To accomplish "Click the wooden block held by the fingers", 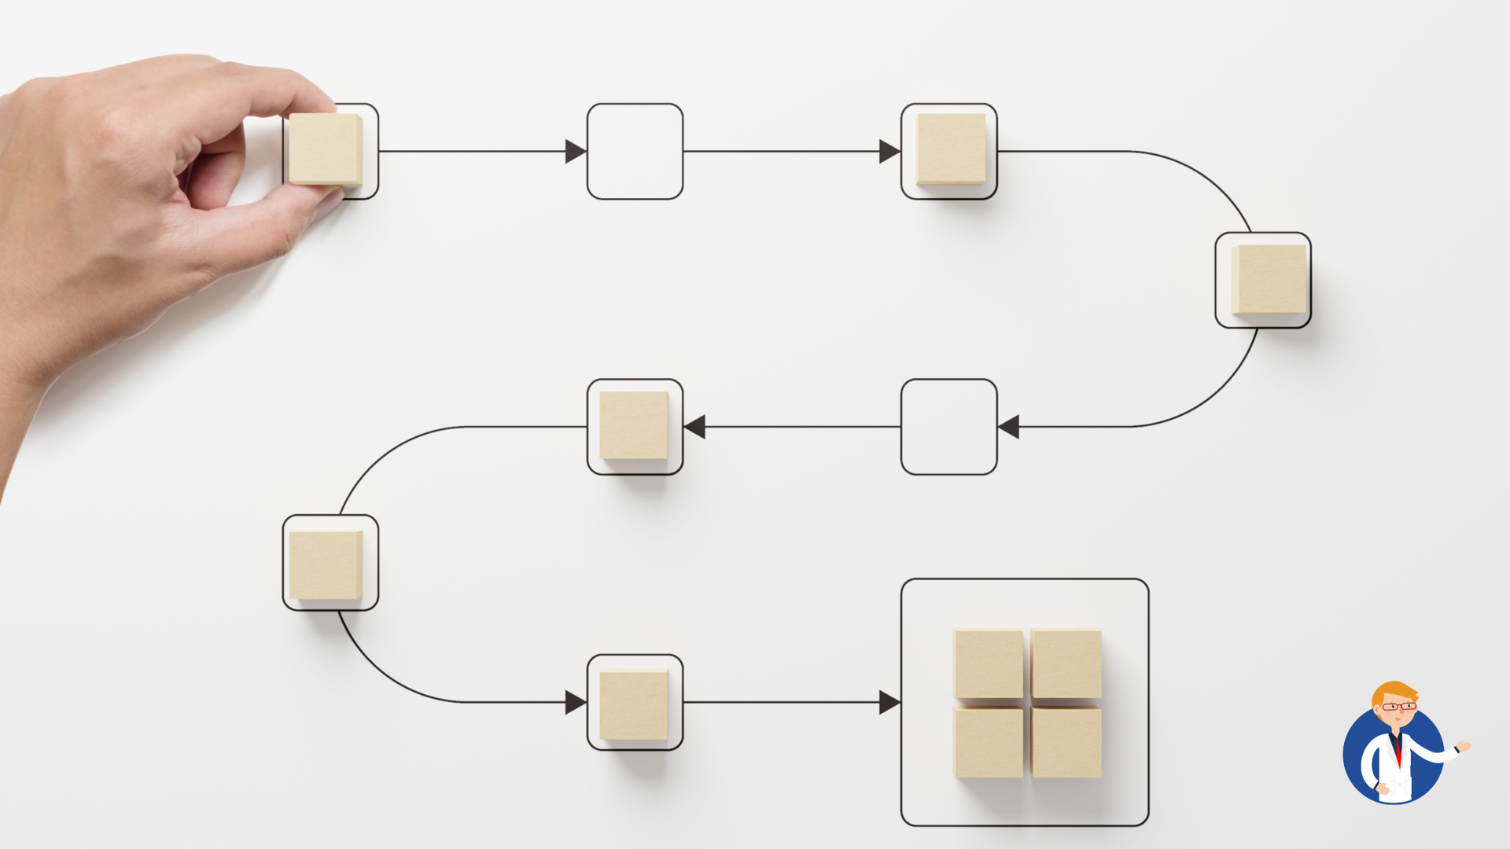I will click(x=325, y=149).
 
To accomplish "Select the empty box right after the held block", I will click(x=635, y=151).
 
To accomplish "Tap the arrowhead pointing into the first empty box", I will click(x=575, y=151).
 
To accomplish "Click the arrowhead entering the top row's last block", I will click(x=889, y=151).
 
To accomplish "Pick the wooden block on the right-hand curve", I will click(x=1268, y=279).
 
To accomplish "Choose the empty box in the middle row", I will click(x=948, y=427).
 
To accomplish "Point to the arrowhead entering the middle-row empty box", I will click(x=1009, y=427).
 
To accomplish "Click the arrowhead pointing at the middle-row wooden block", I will click(x=695, y=427).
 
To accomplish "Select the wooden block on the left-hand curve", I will click(x=326, y=564).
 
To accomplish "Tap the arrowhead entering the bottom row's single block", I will click(x=575, y=702).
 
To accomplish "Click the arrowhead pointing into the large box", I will click(x=889, y=702).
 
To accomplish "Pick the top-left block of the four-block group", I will click(x=989, y=663).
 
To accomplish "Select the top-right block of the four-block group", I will click(x=1066, y=663).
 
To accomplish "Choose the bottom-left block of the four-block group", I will click(x=989, y=742).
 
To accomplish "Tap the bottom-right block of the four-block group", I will click(x=1066, y=742).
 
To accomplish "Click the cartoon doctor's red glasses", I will click(x=1398, y=707).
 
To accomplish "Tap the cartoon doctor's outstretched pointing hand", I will click(x=1463, y=745).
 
